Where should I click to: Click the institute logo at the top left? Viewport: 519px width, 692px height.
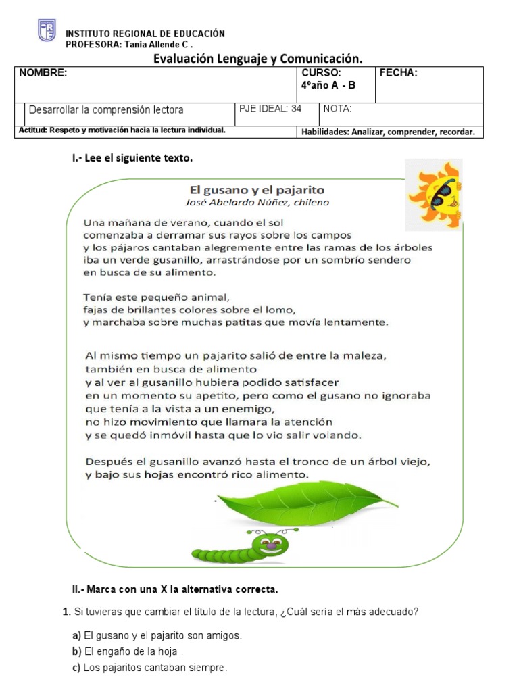coord(47,30)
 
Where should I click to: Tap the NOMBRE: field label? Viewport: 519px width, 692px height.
coord(43,74)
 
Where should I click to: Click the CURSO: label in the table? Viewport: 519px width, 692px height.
coord(321,74)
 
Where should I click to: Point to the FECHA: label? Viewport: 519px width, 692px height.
coord(399,74)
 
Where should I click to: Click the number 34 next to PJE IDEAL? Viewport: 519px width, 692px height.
coord(296,109)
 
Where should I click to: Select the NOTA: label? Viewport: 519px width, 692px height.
coord(337,109)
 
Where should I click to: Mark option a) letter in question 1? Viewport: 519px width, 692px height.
coord(76,635)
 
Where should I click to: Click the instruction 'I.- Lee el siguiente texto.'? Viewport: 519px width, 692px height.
coord(132,158)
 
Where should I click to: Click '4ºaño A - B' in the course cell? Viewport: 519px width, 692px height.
coord(328,85)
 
